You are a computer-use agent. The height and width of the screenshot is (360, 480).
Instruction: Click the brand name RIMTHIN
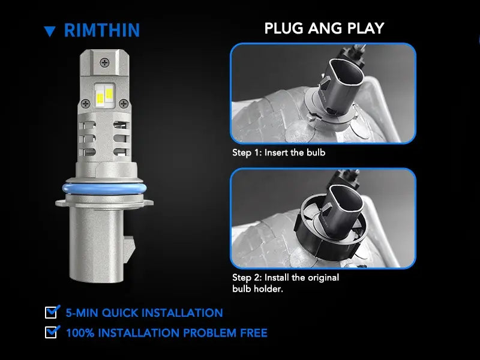(101, 30)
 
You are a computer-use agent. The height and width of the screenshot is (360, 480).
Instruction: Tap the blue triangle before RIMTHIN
(50, 31)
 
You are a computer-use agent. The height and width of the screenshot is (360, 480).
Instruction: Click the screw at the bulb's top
(107, 61)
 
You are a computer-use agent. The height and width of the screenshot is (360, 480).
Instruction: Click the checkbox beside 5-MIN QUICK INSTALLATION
(52, 312)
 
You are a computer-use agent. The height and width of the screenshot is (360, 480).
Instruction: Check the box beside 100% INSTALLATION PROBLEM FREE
(52, 332)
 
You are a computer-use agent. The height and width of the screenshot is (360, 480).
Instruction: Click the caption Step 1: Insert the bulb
(278, 152)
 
